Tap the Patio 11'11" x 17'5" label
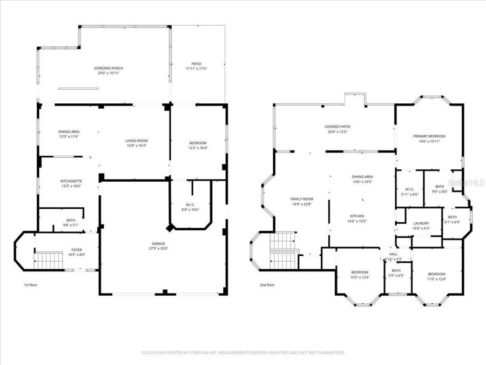pos(197,67)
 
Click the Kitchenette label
pos(71,183)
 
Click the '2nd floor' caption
pos(267,285)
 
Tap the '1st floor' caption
pos(30,285)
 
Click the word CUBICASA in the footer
pos(197,353)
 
